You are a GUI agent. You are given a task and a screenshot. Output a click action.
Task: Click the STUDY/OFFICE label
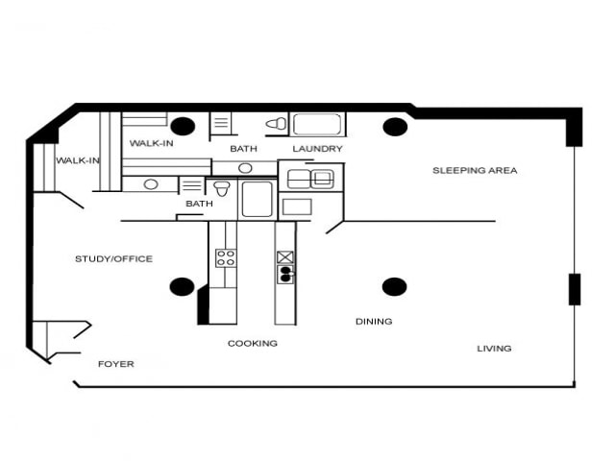point(113,258)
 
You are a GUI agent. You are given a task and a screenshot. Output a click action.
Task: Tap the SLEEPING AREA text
point(475,170)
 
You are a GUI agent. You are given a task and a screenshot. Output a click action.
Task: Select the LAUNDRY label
point(317,149)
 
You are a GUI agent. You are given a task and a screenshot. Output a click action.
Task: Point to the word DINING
point(374,322)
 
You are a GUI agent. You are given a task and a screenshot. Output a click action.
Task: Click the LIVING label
point(494,348)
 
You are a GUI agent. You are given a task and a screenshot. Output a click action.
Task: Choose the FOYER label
point(116,364)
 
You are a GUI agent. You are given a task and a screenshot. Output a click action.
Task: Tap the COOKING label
point(253,343)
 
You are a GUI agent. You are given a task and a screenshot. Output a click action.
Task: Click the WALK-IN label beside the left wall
point(78,160)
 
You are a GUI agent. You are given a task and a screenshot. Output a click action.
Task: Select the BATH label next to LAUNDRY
point(243,149)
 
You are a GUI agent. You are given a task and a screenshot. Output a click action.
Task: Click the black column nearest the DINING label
point(394,286)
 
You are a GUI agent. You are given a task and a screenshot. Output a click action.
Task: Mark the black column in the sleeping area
point(394,126)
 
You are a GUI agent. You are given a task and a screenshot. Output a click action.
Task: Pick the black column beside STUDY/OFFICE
point(182,286)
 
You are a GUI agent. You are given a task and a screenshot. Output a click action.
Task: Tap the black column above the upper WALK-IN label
point(182,126)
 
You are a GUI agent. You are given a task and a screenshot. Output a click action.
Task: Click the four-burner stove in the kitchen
point(226,257)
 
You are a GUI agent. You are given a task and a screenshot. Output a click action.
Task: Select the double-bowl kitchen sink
point(285,276)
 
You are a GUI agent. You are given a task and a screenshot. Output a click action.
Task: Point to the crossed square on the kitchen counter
point(285,256)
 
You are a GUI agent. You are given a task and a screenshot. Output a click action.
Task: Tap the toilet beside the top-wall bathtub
point(276,124)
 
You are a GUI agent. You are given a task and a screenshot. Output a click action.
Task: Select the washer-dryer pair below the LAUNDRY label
point(310,178)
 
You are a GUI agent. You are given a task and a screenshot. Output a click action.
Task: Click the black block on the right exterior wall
point(574,289)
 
